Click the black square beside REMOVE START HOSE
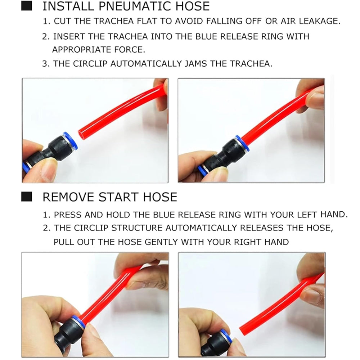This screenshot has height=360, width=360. [27, 197]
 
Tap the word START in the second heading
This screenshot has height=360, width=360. [119, 197]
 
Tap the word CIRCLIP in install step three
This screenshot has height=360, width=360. [90, 64]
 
